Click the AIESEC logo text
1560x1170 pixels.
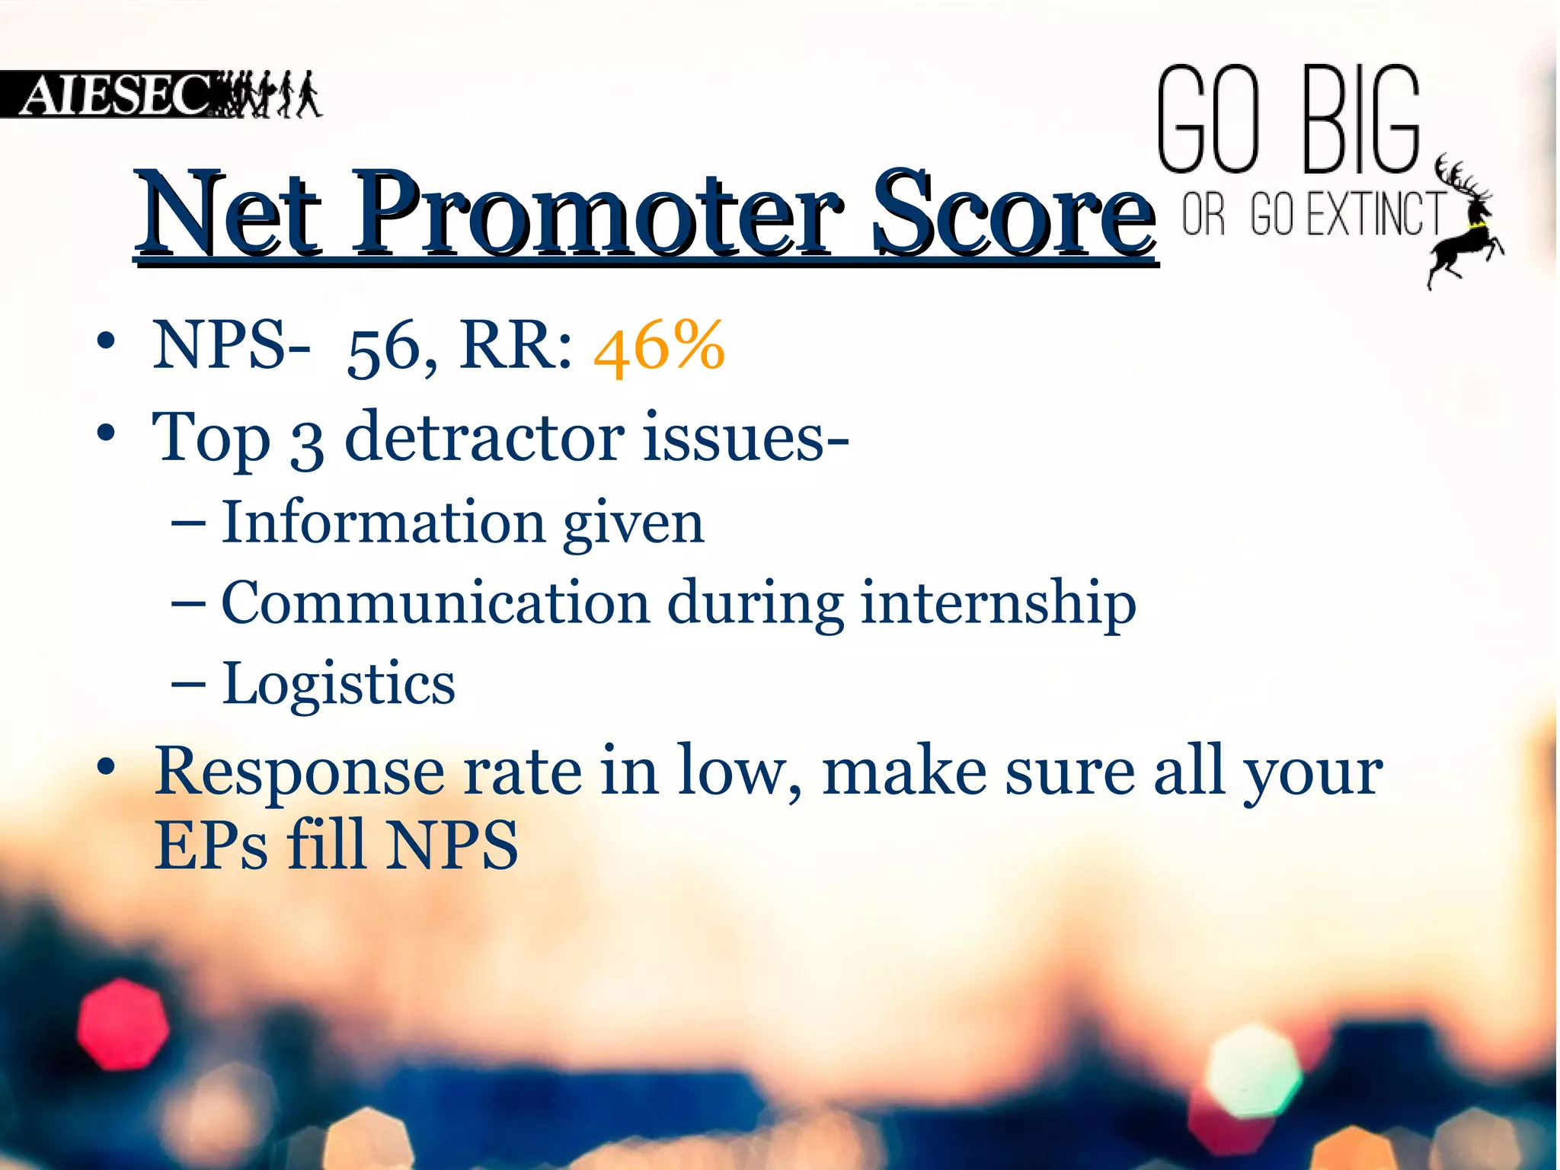(114, 96)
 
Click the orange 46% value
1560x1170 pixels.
(659, 347)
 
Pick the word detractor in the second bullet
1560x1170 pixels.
(484, 438)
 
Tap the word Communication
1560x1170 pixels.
(436, 603)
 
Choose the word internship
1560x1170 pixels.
(998, 604)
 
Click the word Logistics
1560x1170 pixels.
(338, 683)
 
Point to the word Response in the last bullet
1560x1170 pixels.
(299, 772)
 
